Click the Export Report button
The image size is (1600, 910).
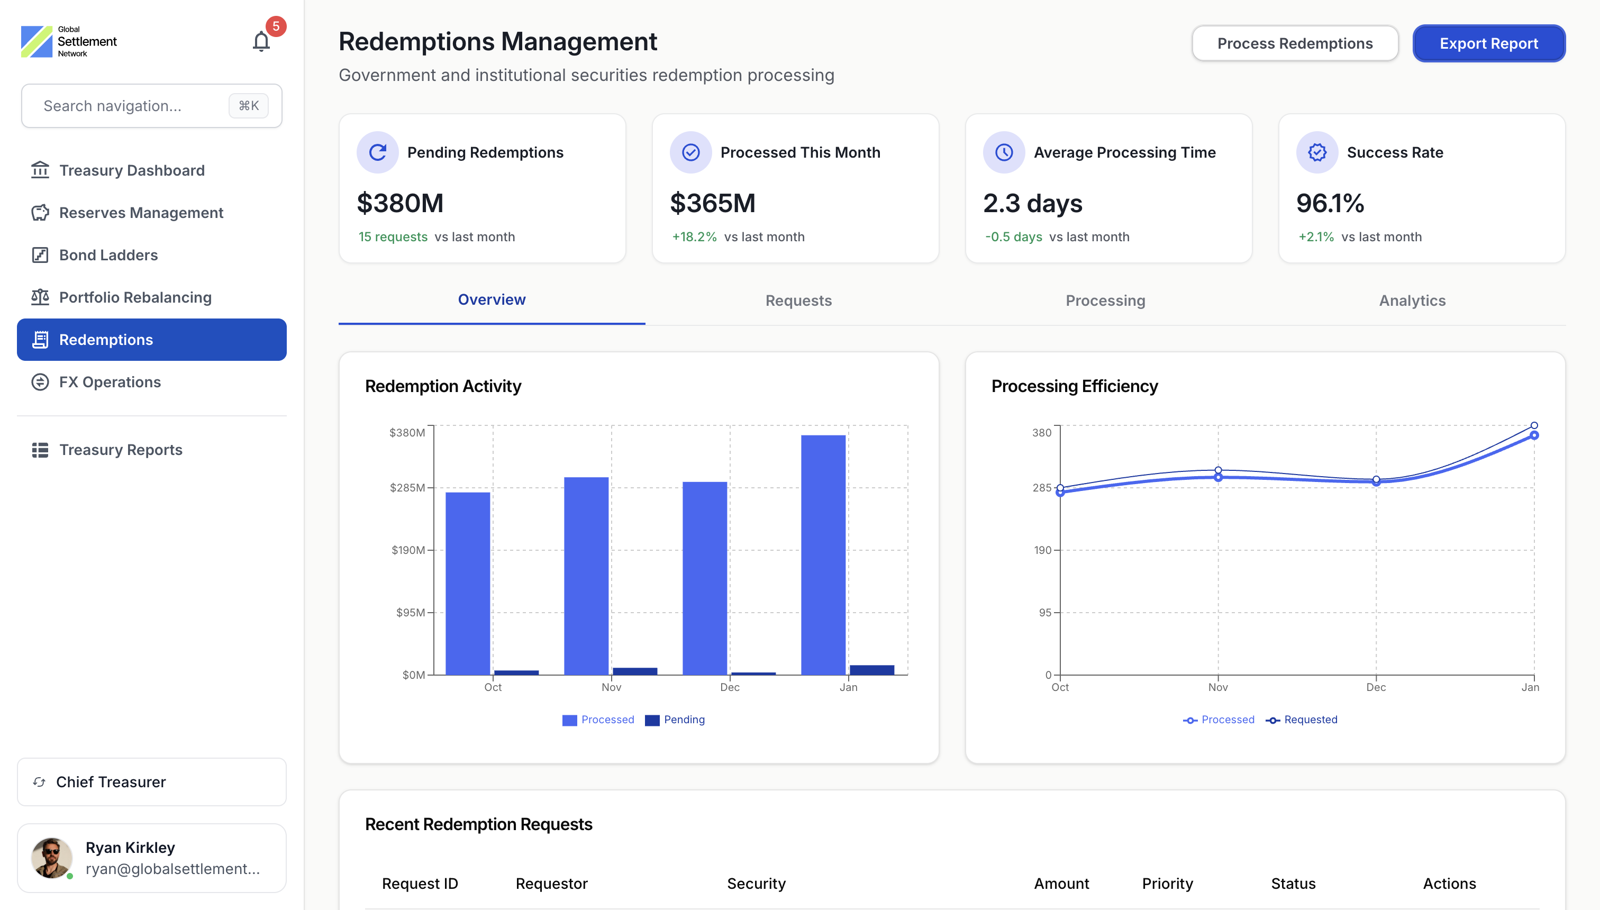pyautogui.click(x=1488, y=44)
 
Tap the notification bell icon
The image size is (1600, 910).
pyautogui.click(x=261, y=42)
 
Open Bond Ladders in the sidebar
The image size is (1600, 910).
pyautogui.click(x=108, y=255)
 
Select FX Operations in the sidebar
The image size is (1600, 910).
pyautogui.click(x=110, y=382)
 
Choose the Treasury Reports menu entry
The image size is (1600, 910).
pyautogui.click(x=120, y=450)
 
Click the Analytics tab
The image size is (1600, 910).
pyautogui.click(x=1412, y=301)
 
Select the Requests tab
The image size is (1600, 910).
pyautogui.click(x=798, y=301)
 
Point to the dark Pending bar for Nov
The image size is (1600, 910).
pyautogui.click(x=634, y=671)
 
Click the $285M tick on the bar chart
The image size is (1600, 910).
pyautogui.click(x=407, y=487)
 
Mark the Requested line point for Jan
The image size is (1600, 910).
pyautogui.click(x=1534, y=425)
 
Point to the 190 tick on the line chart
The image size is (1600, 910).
pyautogui.click(x=1042, y=550)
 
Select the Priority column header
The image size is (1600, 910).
pyautogui.click(x=1167, y=883)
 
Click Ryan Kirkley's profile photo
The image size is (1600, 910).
pyautogui.click(x=51, y=858)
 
